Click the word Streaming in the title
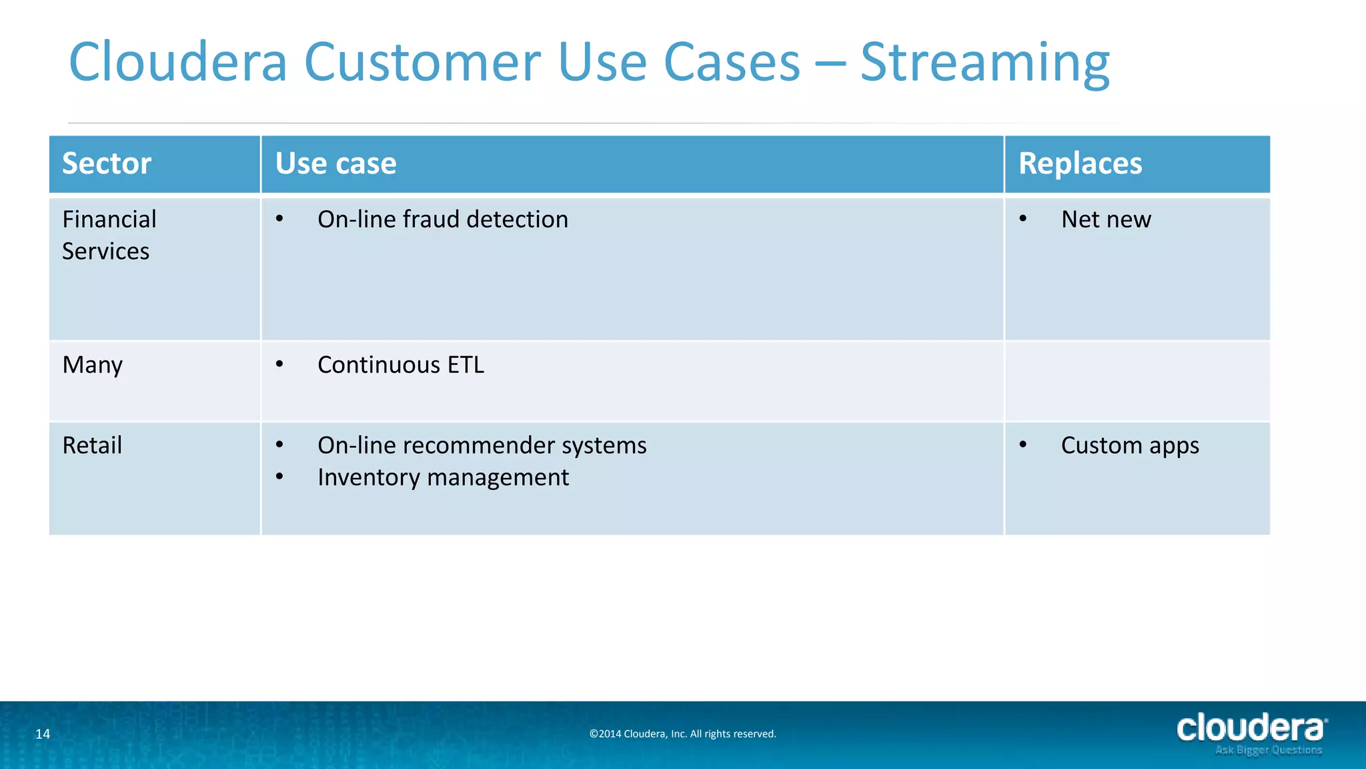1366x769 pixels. pyautogui.click(x=984, y=63)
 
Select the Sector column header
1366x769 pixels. pyautogui.click(x=107, y=164)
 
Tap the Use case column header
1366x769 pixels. pyautogui.click(x=335, y=164)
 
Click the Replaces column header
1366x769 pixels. pyautogui.click(x=1080, y=164)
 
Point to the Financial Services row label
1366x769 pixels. pyautogui.click(x=109, y=235)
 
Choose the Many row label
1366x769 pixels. pyautogui.click(x=92, y=365)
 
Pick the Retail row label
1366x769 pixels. pyautogui.click(x=92, y=445)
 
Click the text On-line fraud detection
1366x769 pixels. pyautogui.click(x=442, y=220)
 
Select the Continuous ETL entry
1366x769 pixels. pyautogui.click(x=400, y=365)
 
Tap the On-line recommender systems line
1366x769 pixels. pyautogui.click(x=482, y=445)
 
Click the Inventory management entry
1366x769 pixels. pyautogui.click(x=443, y=477)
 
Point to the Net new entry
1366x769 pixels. pyautogui.click(x=1105, y=220)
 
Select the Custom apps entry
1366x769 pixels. pyautogui.click(x=1129, y=445)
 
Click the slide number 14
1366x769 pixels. pyautogui.click(x=43, y=734)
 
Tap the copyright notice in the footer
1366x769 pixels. pyautogui.click(x=682, y=734)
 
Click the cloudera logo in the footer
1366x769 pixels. pyautogui.click(x=1251, y=728)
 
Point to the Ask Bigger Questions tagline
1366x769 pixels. pyautogui.click(x=1268, y=750)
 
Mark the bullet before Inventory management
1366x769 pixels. pyautogui.click(x=279, y=477)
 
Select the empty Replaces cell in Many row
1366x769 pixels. pyautogui.click(x=1137, y=381)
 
